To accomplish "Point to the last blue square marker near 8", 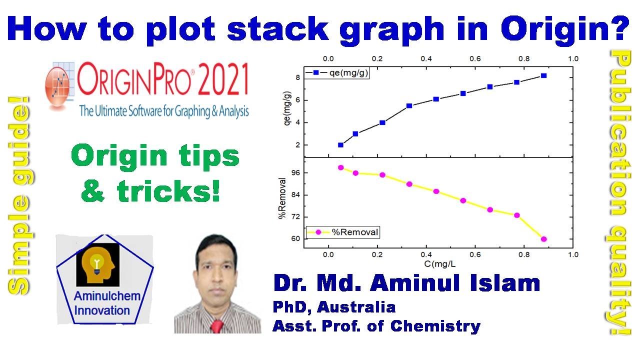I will click(543, 75).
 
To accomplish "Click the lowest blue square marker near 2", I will click(340, 145).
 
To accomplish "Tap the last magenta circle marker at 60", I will click(543, 239).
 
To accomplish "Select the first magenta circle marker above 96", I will click(340, 167).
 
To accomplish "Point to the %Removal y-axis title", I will click(282, 198).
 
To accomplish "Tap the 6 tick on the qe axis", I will click(297, 100).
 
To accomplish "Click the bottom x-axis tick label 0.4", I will click(426, 254).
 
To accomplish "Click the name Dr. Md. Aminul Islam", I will click(406, 283).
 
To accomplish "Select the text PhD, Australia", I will click(334, 306).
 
